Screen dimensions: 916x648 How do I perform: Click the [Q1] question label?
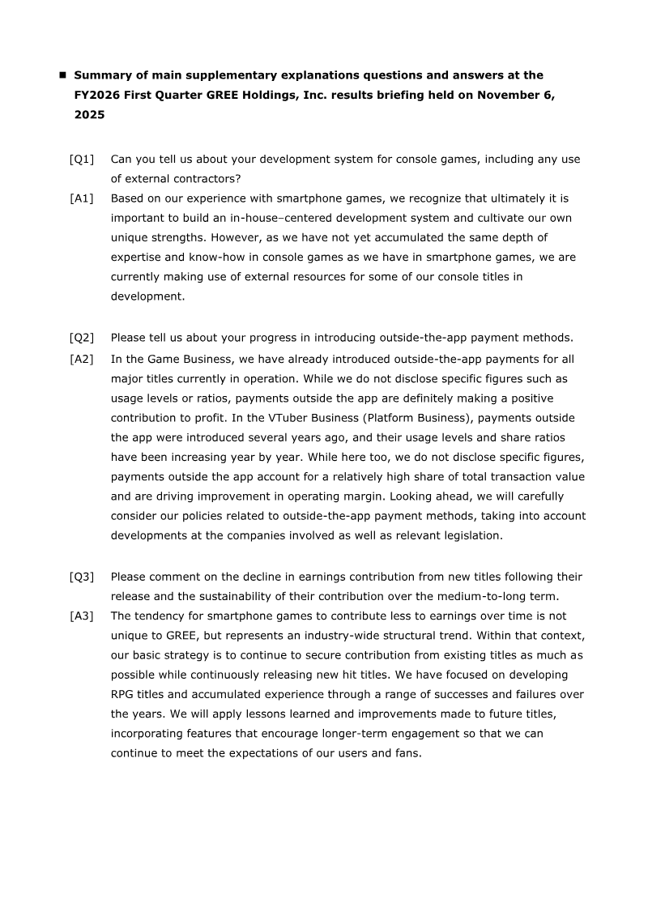82,160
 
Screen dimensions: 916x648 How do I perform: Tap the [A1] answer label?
82,198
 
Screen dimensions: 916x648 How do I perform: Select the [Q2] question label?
82,338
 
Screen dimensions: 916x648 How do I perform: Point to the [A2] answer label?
82,360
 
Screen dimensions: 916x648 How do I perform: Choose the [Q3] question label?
82,577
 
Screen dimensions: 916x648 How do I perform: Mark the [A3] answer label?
82,616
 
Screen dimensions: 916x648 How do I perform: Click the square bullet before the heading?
62,75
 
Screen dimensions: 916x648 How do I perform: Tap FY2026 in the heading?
98,95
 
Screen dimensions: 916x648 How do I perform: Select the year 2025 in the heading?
89,115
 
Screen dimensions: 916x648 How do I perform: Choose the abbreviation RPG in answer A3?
124,694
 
